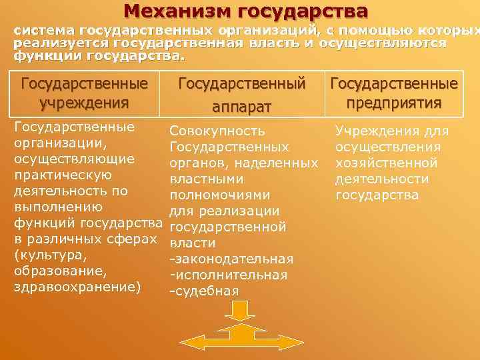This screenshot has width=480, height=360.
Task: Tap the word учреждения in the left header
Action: [x=84, y=103]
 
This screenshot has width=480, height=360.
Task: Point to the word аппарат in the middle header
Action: [x=242, y=105]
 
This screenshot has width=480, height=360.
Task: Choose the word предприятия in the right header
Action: [x=393, y=103]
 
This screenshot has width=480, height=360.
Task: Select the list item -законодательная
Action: [x=231, y=259]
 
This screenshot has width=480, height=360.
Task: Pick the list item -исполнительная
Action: [x=229, y=275]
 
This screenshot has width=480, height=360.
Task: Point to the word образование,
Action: [x=57, y=271]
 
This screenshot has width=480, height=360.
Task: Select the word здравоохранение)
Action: [x=77, y=287]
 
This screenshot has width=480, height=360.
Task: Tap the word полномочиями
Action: [x=220, y=195]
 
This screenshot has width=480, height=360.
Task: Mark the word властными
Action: [x=207, y=179]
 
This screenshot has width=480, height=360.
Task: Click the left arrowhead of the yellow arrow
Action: [x=188, y=341]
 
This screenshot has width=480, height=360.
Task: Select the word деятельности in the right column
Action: [x=382, y=179]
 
